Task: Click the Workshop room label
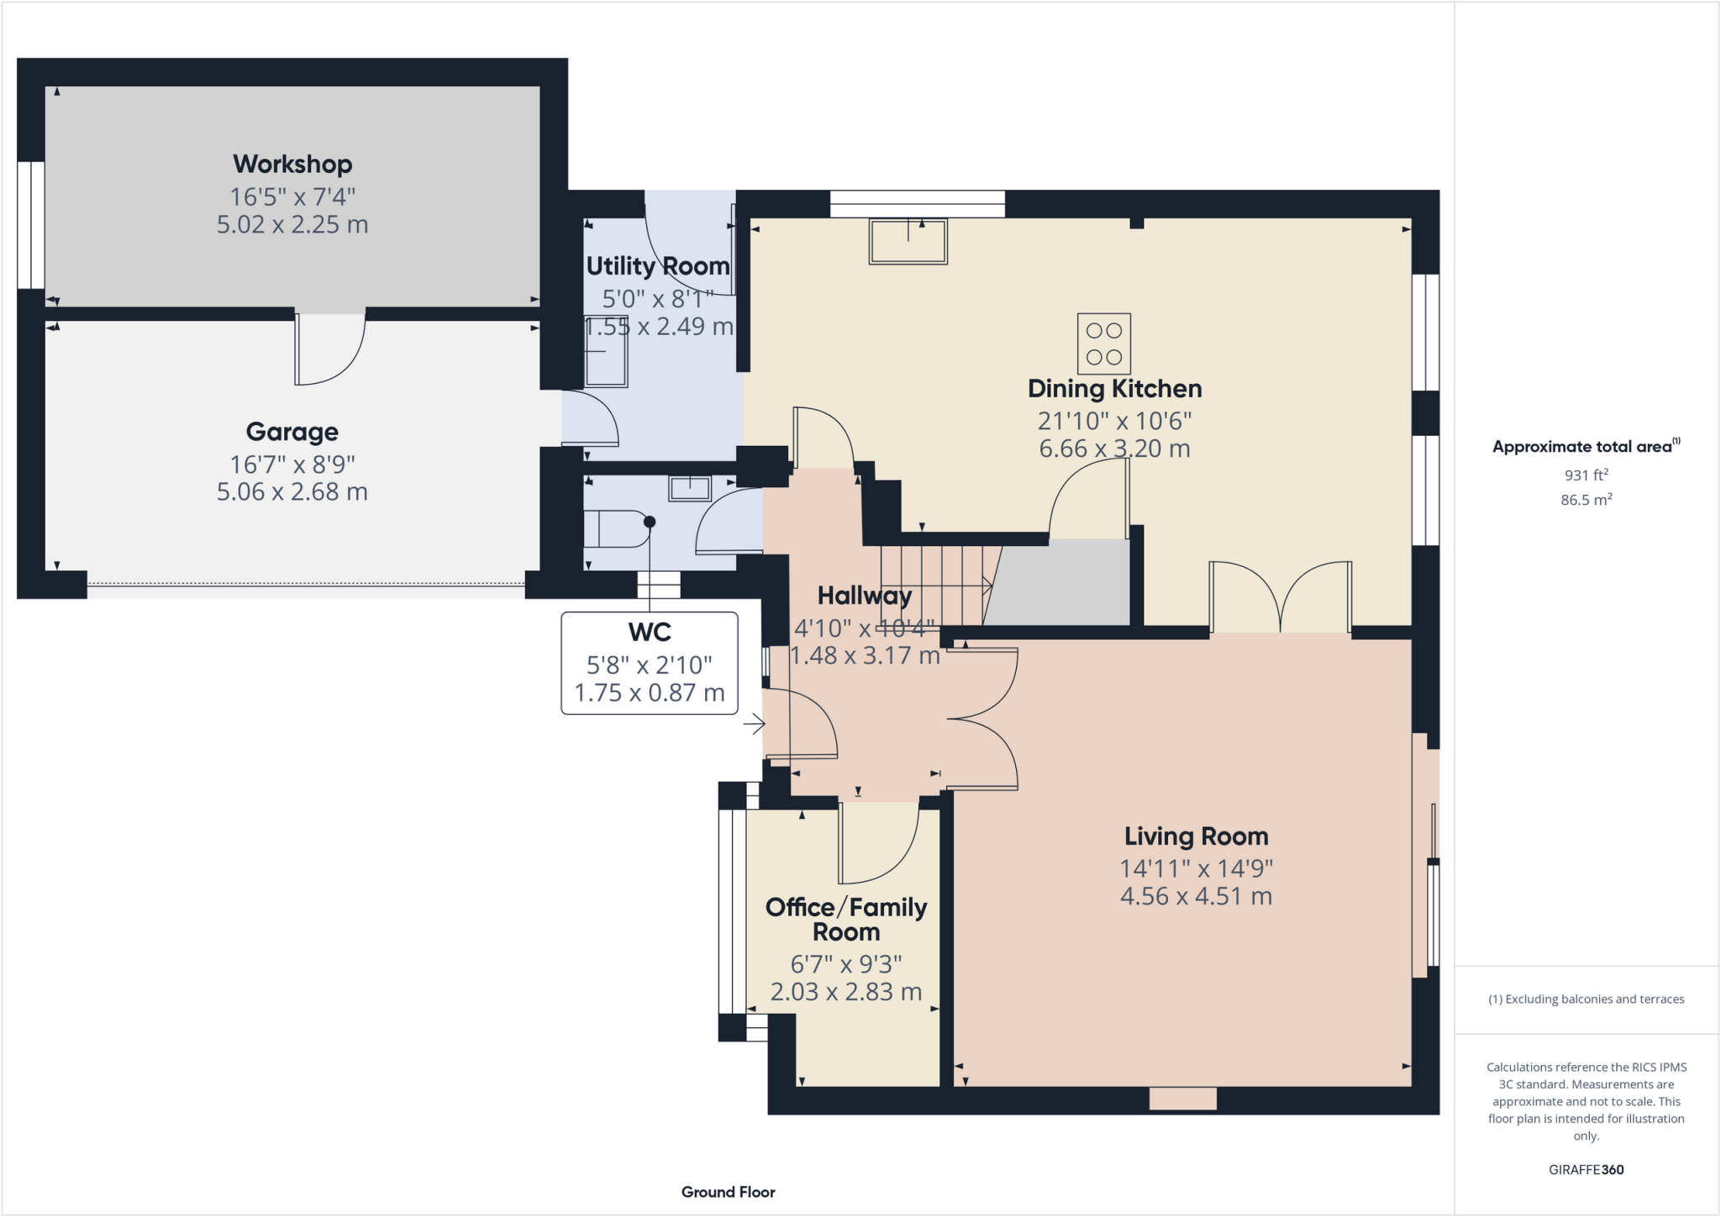point(292,164)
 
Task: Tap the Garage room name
point(292,432)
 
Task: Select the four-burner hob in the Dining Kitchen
point(1103,344)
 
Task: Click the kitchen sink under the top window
point(908,242)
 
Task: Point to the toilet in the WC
point(618,529)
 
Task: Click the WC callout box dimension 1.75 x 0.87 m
point(649,693)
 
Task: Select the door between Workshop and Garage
point(329,349)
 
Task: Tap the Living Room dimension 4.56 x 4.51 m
point(1195,896)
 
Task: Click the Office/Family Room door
point(877,843)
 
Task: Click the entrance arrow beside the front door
point(754,723)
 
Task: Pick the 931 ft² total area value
point(1586,475)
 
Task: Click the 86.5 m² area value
point(1586,500)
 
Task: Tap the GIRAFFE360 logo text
point(1586,1169)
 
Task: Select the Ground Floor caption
point(728,1192)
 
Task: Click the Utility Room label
point(657,266)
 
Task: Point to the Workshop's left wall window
point(31,224)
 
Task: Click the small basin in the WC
point(689,488)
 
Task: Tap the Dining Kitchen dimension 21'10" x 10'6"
point(1114,421)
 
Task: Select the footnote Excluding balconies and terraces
point(1586,999)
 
